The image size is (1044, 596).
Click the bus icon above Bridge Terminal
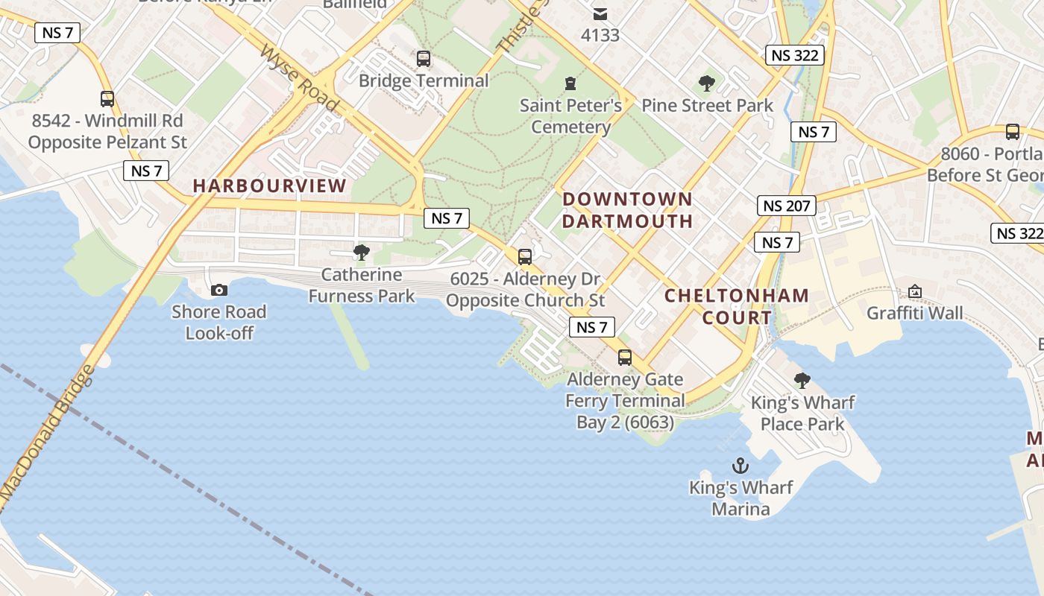pos(424,58)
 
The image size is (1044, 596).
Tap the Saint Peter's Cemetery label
pos(570,116)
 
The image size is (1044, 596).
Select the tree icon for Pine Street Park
pos(707,83)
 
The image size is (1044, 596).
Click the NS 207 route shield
pos(786,206)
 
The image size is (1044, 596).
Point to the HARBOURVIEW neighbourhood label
pos(270,186)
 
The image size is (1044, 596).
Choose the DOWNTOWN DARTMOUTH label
pos(627,210)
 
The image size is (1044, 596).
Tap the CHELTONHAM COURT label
pos(736,306)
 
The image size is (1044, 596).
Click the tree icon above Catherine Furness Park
pos(362,253)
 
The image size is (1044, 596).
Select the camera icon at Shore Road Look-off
pos(218,290)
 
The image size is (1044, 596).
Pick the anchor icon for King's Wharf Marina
pos(740,466)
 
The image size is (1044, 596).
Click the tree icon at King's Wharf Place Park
pos(802,381)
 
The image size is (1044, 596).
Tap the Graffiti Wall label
pos(914,313)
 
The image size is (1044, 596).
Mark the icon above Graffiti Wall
pos(914,291)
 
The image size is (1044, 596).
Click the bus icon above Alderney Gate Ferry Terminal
pos(625,358)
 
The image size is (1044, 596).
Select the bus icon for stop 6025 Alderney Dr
pos(525,257)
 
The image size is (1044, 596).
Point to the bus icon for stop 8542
pos(107,98)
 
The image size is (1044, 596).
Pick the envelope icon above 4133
pos(600,14)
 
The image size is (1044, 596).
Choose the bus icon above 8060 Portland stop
pos(1012,132)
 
